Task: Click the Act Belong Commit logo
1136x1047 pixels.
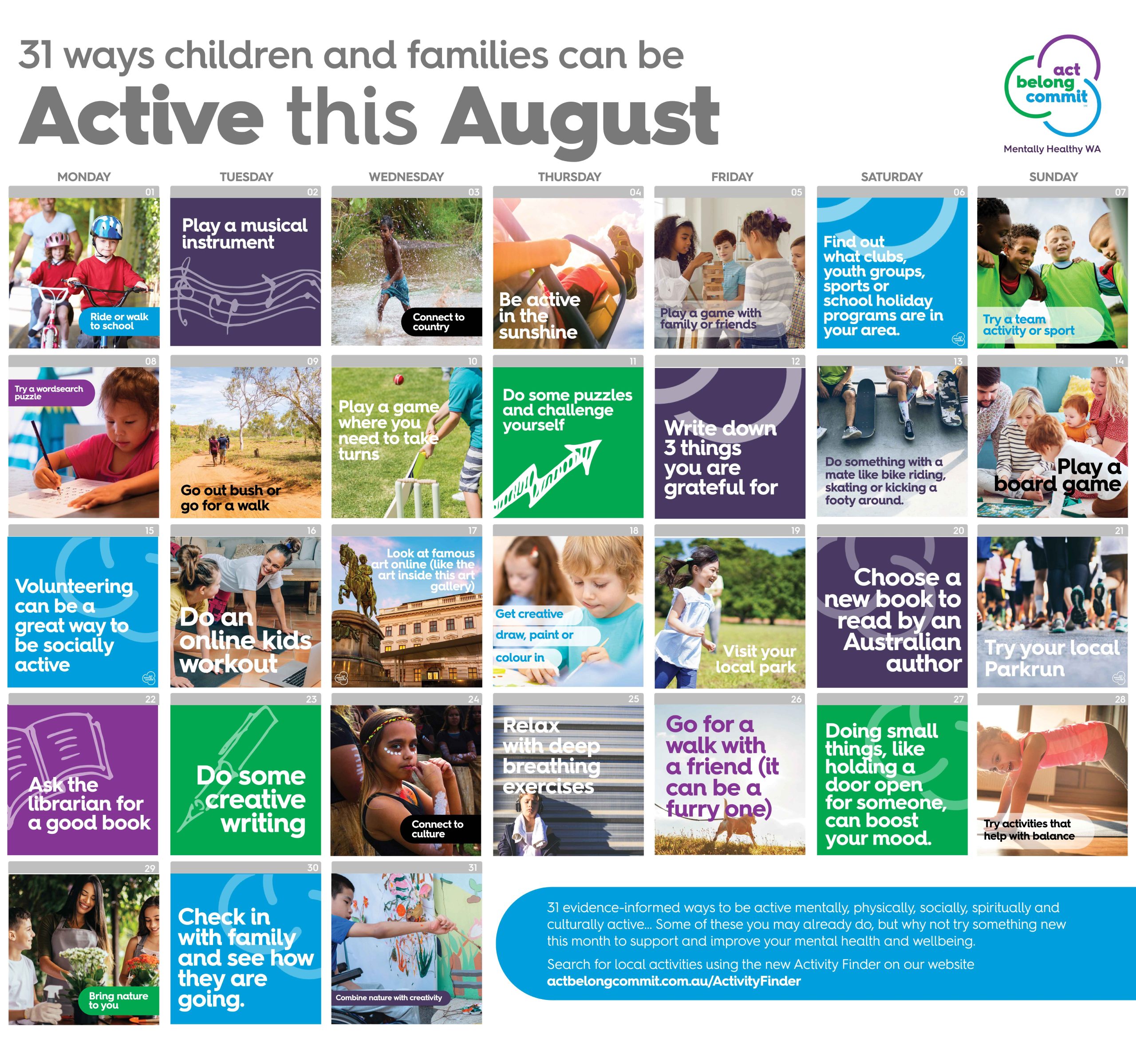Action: pyautogui.click(x=1052, y=85)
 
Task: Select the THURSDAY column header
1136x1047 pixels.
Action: pyautogui.click(x=569, y=177)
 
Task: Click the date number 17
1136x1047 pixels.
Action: pyautogui.click(x=472, y=530)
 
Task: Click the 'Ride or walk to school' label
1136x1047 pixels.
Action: pyautogui.click(x=119, y=321)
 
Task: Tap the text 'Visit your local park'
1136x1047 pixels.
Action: pyautogui.click(x=756, y=659)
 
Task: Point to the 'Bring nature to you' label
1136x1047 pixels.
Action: pyautogui.click(x=119, y=1000)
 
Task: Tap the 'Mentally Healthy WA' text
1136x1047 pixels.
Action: pyautogui.click(x=1052, y=149)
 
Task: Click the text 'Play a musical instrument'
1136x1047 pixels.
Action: pyautogui.click(x=245, y=234)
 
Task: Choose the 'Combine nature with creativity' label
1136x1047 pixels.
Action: pyautogui.click(x=390, y=997)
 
